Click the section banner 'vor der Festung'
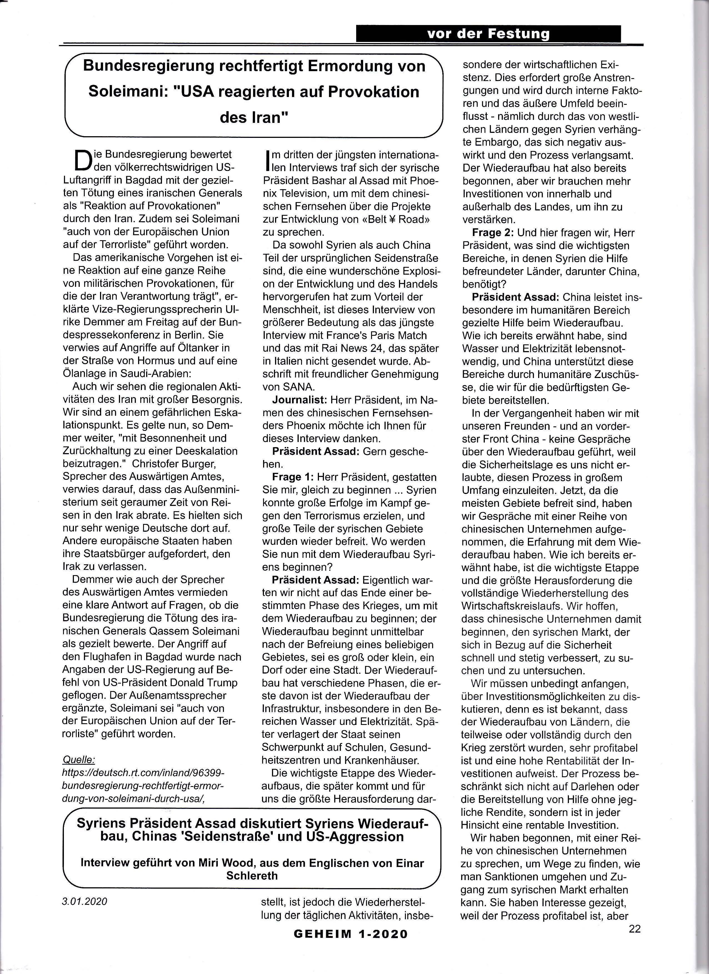click(x=488, y=34)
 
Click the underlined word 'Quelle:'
click(x=79, y=759)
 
